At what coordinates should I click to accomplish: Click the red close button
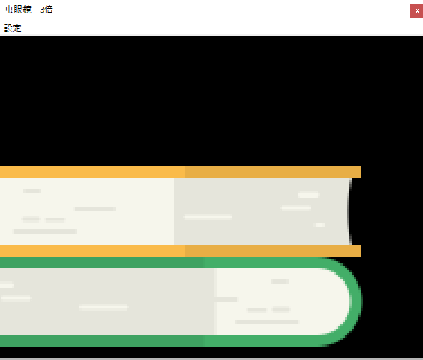pos(416,10)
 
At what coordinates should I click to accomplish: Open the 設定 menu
pos(13,28)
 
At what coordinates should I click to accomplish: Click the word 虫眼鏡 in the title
pos(18,10)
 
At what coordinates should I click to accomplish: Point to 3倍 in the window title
pos(46,10)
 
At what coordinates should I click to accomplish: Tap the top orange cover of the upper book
pos(180,172)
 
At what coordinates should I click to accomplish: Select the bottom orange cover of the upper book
pos(180,250)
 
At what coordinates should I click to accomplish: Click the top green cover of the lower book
pos(162,262)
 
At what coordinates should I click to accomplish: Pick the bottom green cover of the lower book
pos(162,340)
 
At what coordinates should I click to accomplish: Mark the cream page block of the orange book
pos(87,211)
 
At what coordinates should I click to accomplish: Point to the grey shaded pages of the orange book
pos(262,211)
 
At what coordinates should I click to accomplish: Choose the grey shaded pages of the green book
pos(107,301)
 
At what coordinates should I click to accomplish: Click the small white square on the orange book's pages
pos(320,225)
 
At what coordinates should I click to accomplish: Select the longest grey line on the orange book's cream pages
pos(45,232)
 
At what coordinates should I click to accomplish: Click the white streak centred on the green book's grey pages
pos(103,307)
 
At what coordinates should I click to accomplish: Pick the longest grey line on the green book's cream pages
pos(266,322)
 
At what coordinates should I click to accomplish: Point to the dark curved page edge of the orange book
pos(349,211)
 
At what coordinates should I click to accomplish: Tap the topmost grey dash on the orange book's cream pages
pos(32,191)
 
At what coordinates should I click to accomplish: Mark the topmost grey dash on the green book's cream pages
pos(280,281)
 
